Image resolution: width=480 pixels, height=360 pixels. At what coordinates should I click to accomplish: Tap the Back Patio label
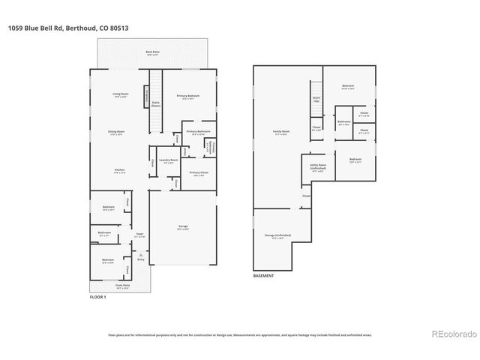[x=153, y=52]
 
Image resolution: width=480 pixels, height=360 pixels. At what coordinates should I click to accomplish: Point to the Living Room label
[x=120, y=94]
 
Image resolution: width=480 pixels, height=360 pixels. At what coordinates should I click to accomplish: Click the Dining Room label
[x=116, y=132]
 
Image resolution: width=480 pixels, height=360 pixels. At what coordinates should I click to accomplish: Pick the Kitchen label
[x=119, y=171]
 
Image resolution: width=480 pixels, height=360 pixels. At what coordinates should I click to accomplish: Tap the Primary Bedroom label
[x=187, y=97]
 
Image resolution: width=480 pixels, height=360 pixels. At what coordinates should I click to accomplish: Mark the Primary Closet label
[x=199, y=173]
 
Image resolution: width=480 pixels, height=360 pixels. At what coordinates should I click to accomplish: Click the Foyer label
[x=139, y=235]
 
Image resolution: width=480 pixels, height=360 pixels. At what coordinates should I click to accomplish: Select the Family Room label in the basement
[x=281, y=133]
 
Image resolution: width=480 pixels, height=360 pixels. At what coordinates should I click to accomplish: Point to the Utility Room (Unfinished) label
[x=317, y=167]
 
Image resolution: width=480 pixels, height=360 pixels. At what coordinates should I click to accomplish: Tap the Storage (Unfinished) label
[x=278, y=236]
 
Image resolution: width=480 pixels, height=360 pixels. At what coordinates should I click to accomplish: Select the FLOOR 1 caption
[x=97, y=298]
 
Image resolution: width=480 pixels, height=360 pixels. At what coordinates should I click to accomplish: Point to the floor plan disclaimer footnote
[x=240, y=335]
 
